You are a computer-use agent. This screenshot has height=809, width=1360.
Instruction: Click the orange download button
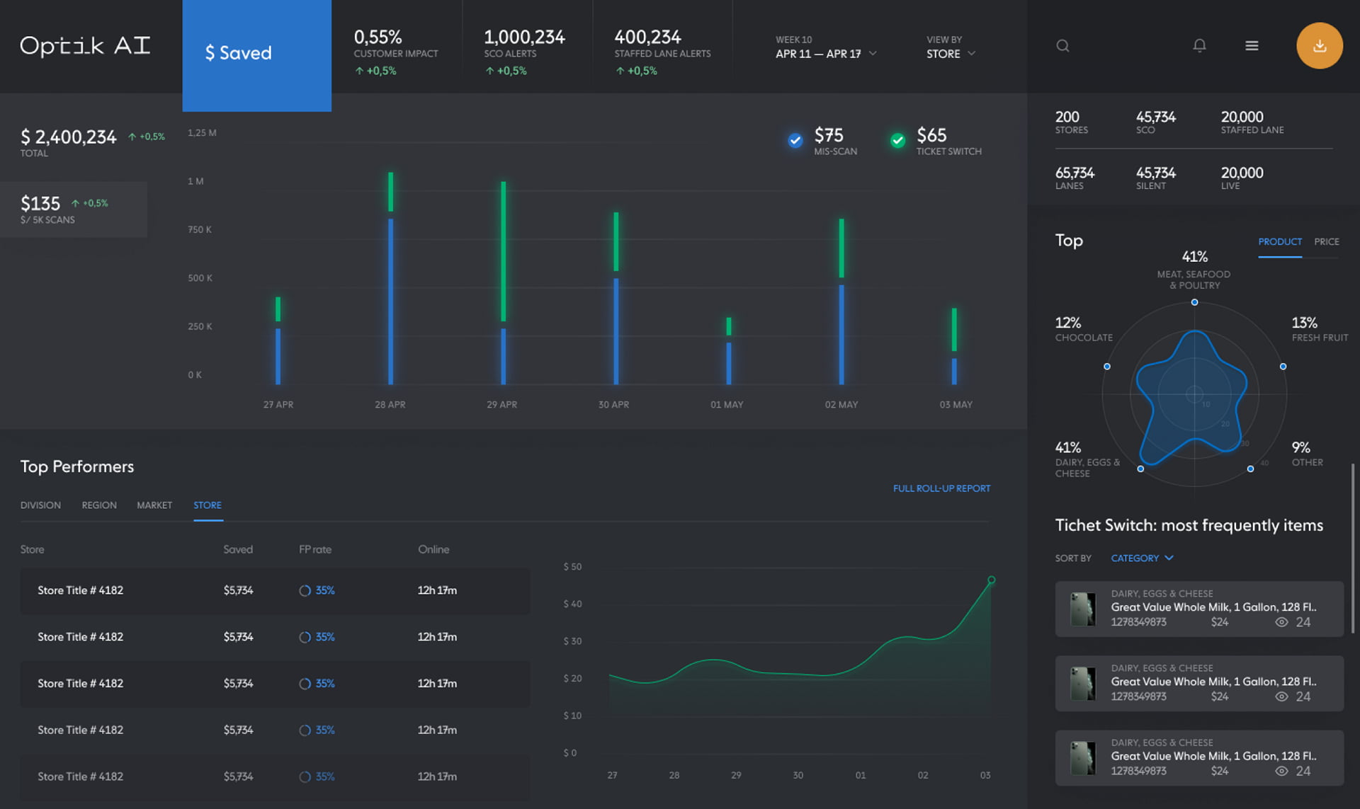point(1319,46)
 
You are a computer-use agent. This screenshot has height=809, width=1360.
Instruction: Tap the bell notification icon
point(1199,46)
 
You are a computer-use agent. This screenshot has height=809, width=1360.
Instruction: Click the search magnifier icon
point(1062,46)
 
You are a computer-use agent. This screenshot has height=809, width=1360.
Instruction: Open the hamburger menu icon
point(1252,46)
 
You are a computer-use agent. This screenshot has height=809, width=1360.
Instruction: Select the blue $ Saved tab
point(256,54)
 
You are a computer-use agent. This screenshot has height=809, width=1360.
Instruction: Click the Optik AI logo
point(85,46)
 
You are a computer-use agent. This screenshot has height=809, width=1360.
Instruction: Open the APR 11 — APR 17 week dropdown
point(826,54)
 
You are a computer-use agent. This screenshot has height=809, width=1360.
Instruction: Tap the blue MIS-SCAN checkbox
point(795,140)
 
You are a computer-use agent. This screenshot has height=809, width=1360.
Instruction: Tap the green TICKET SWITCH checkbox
point(897,140)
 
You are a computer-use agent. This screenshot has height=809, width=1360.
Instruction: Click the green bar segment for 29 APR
point(503,251)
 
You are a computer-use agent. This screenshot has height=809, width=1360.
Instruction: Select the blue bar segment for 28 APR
point(390,301)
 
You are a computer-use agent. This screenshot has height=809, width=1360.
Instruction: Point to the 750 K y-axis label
point(200,230)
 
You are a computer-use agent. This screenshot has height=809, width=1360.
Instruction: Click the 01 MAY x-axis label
point(727,405)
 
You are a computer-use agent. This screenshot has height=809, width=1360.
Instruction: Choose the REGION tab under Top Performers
point(99,505)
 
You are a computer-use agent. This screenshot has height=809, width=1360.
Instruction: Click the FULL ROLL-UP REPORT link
point(941,488)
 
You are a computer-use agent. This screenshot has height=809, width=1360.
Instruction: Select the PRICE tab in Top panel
point(1326,242)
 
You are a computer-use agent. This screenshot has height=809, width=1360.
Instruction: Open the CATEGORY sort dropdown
point(1142,558)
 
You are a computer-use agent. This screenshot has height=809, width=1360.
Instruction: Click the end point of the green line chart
point(991,580)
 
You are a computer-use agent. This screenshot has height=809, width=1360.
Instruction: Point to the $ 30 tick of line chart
point(572,641)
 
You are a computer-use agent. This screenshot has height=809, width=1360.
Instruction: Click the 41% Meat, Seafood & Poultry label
point(1194,270)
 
